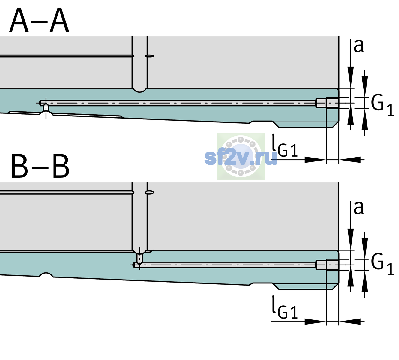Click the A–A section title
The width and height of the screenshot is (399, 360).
coord(39,20)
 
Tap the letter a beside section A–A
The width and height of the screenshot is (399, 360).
coord(358,46)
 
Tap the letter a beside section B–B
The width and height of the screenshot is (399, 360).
coord(358,208)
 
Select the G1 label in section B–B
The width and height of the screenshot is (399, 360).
coord(382,265)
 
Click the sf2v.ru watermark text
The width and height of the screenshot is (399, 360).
coord(241,158)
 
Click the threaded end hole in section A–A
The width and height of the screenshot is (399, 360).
coord(328,103)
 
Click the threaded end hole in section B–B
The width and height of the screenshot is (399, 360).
coord(328,265)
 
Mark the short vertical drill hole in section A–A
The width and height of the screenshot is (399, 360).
coord(46,108)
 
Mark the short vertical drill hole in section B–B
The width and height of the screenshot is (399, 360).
coord(140,258)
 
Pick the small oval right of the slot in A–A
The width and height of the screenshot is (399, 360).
coord(150,56)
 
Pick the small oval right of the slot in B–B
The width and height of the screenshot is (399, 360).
coord(150,193)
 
